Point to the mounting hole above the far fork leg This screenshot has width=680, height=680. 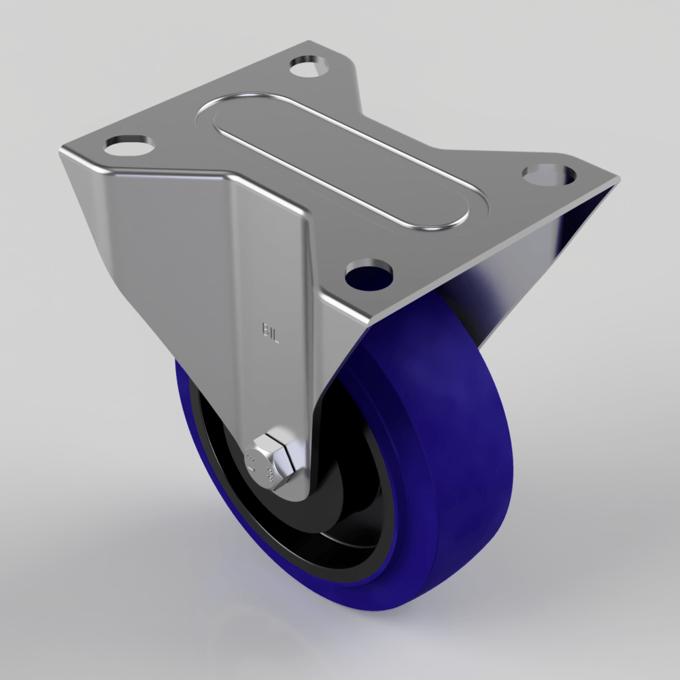(549, 173)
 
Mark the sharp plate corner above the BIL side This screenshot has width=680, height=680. (61, 151)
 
